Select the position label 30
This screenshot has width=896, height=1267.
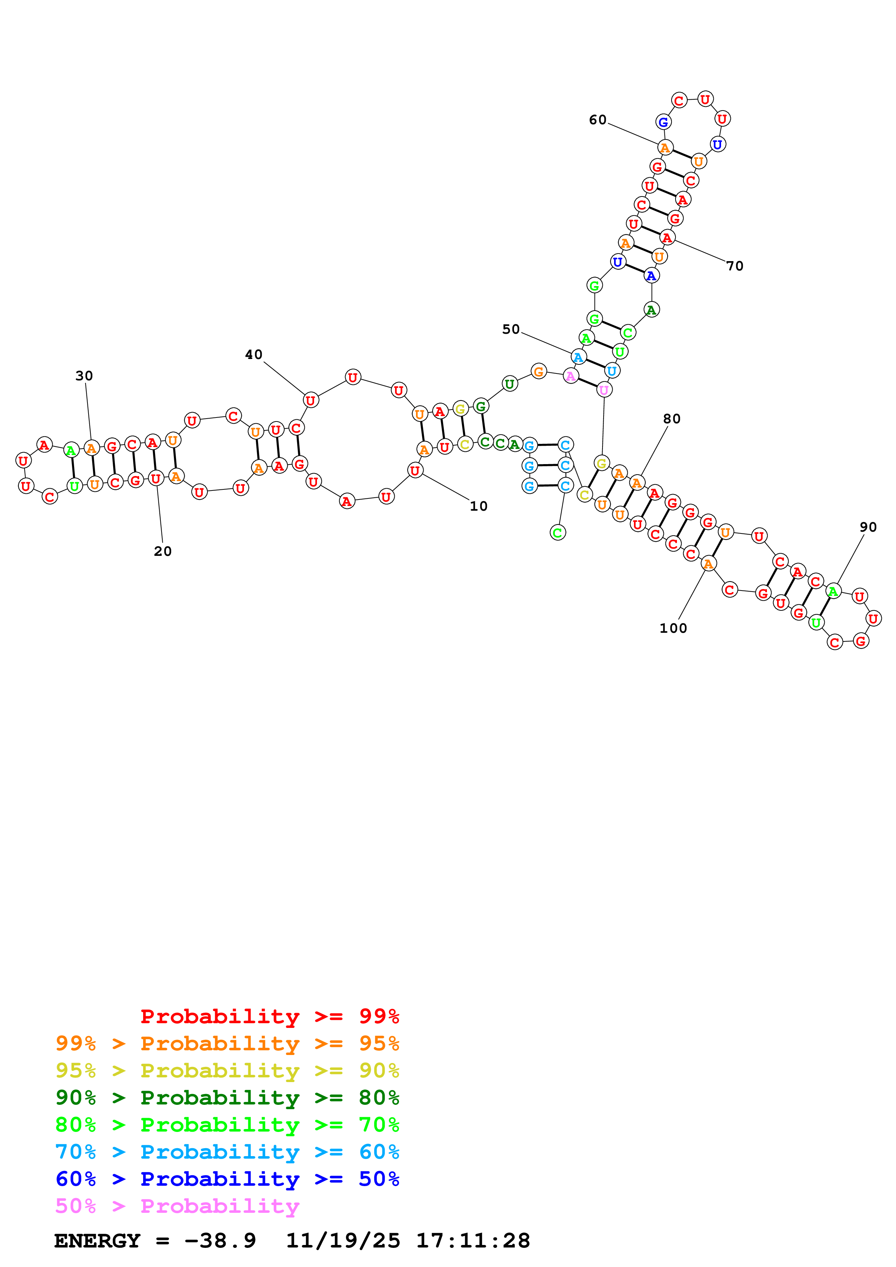pyautogui.click(x=84, y=376)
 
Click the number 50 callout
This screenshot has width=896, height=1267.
pyautogui.click(x=511, y=329)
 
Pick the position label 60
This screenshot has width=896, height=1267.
pyautogui.click(x=597, y=120)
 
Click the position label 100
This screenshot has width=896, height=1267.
pyautogui.click(x=673, y=628)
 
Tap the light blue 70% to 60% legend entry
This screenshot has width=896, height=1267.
pyautogui.click(x=227, y=1152)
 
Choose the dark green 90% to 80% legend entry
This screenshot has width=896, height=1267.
pyautogui.click(x=227, y=1098)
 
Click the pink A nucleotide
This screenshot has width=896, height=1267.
pyautogui.click(x=570, y=376)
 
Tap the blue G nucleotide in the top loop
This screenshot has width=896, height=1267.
pyautogui.click(x=663, y=122)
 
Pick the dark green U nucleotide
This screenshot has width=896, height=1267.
pyautogui.click(x=510, y=384)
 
